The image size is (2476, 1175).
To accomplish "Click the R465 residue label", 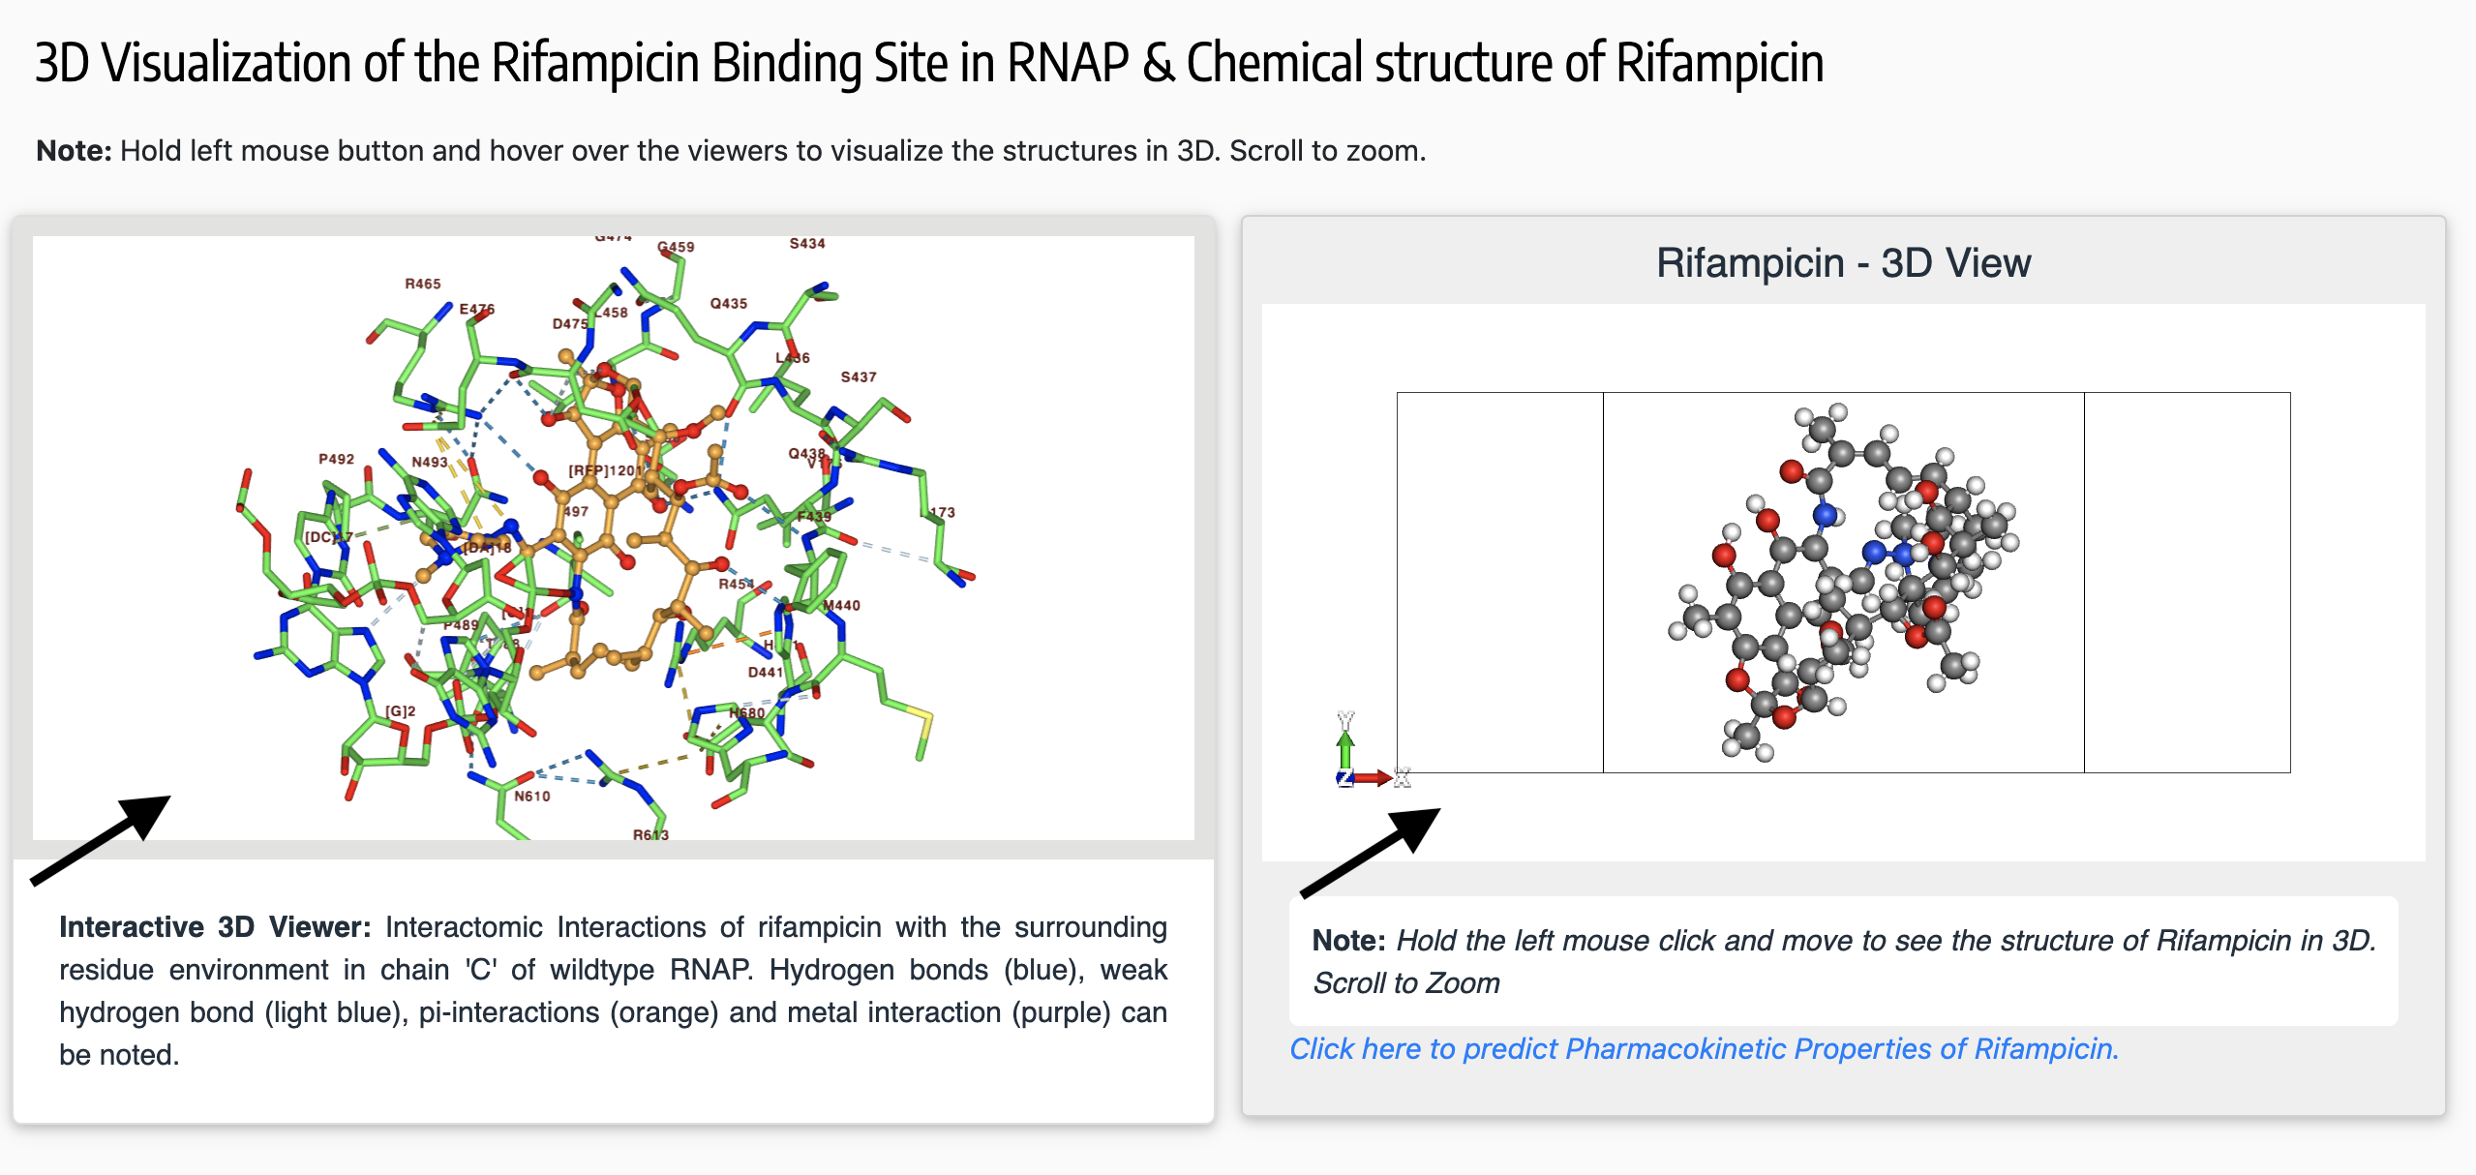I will click(x=422, y=284).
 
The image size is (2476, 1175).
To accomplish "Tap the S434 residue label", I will click(x=807, y=243).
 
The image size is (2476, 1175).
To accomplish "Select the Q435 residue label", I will click(x=728, y=303).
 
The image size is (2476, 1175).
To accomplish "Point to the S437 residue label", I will click(x=858, y=377).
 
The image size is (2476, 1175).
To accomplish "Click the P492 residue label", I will click(x=336, y=459).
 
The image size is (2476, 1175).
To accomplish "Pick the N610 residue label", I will click(x=531, y=796).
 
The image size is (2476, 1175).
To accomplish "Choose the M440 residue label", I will click(x=841, y=605).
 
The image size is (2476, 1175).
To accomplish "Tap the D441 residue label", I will click(x=765, y=672).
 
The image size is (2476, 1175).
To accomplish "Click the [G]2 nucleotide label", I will click(x=400, y=710).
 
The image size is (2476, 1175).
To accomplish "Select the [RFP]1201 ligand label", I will click(x=602, y=470).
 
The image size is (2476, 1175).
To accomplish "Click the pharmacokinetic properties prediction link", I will click(x=1704, y=1048).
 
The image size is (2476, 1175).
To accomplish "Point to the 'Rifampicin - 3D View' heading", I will click(x=1843, y=262).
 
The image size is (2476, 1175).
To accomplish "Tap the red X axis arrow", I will click(x=1373, y=777).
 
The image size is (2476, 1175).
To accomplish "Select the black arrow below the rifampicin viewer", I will click(x=1371, y=852).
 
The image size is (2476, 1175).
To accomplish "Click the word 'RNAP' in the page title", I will click(x=1067, y=63).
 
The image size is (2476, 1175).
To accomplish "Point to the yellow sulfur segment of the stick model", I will click(x=920, y=726).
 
